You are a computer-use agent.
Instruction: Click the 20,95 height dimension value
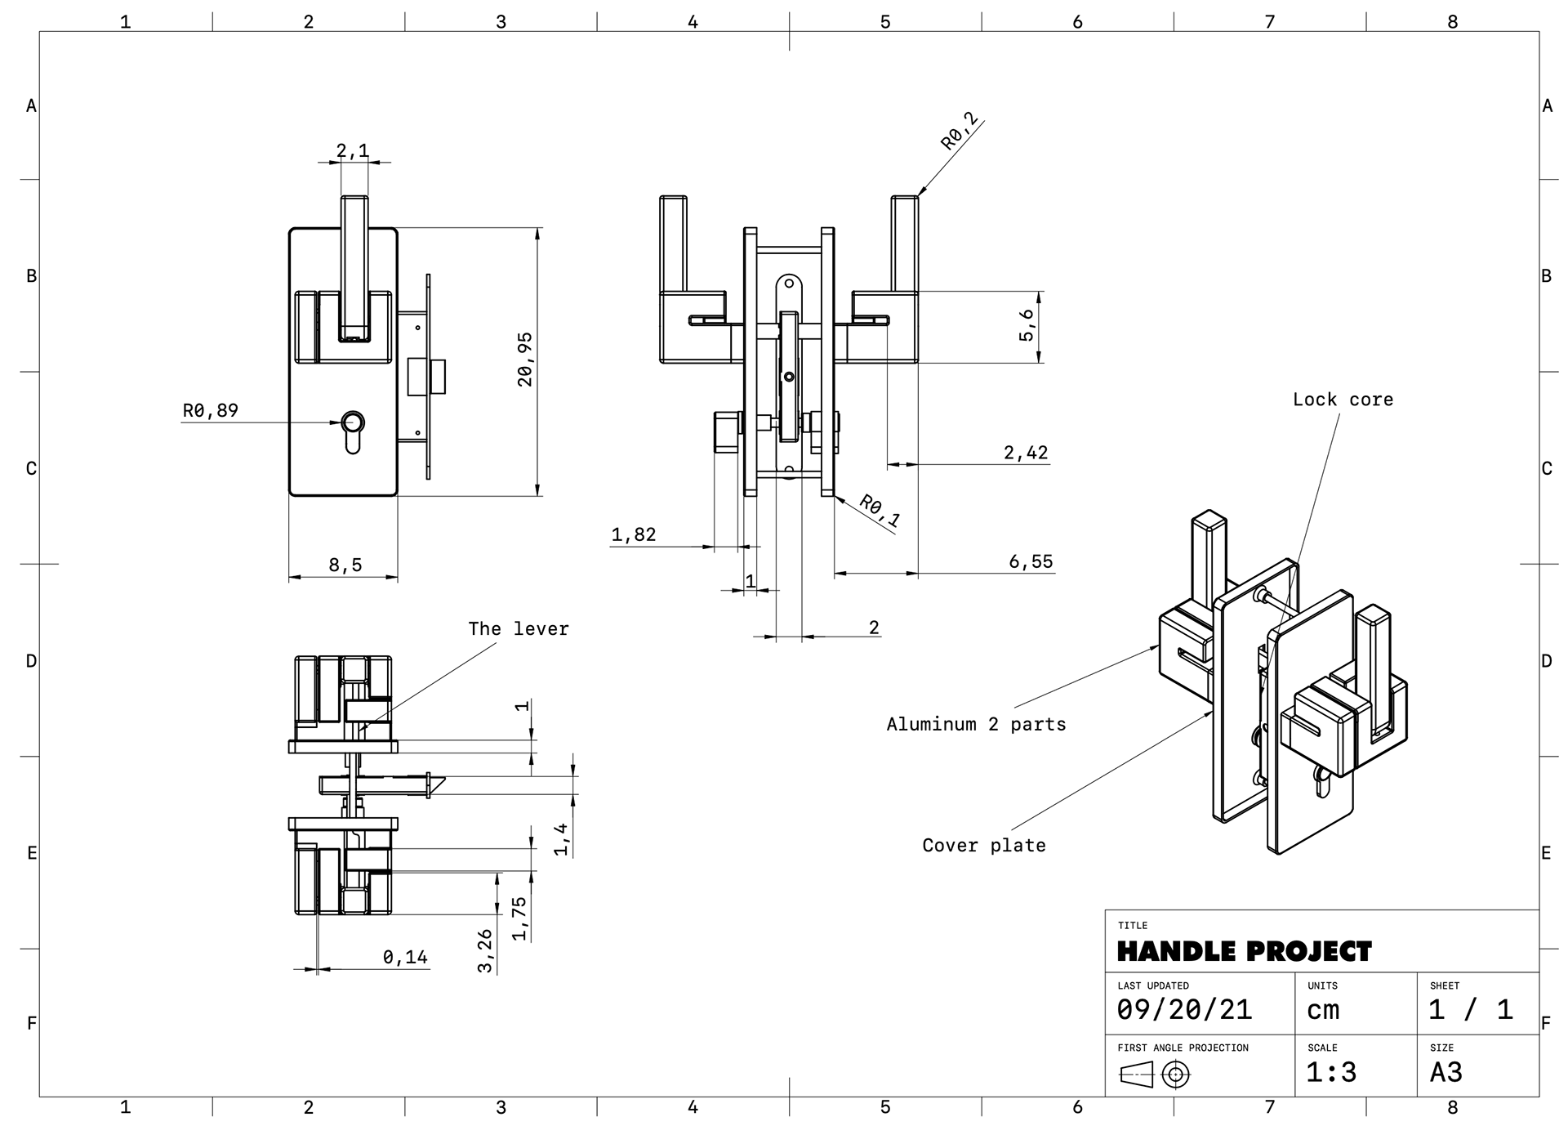[525, 360]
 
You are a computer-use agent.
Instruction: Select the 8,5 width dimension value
[345, 565]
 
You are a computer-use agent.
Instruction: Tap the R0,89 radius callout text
[211, 410]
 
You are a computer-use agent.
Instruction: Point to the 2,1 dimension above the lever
[353, 150]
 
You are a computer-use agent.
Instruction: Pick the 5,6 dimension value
[1027, 325]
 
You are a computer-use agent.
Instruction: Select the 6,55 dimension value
[1031, 561]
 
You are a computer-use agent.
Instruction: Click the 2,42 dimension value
[1026, 453]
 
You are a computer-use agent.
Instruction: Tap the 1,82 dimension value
[634, 534]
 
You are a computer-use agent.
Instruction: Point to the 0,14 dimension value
[405, 957]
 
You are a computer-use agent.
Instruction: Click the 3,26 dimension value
[485, 950]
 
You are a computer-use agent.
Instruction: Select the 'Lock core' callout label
[1343, 400]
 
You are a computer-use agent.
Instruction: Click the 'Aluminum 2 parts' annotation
[976, 724]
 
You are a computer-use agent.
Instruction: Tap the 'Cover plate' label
[984, 846]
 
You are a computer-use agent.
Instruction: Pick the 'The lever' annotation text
[519, 628]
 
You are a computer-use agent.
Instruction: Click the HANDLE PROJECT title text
[1244, 951]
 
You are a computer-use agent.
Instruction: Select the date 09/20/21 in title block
[1184, 1010]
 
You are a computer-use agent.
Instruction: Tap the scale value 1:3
[1331, 1072]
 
